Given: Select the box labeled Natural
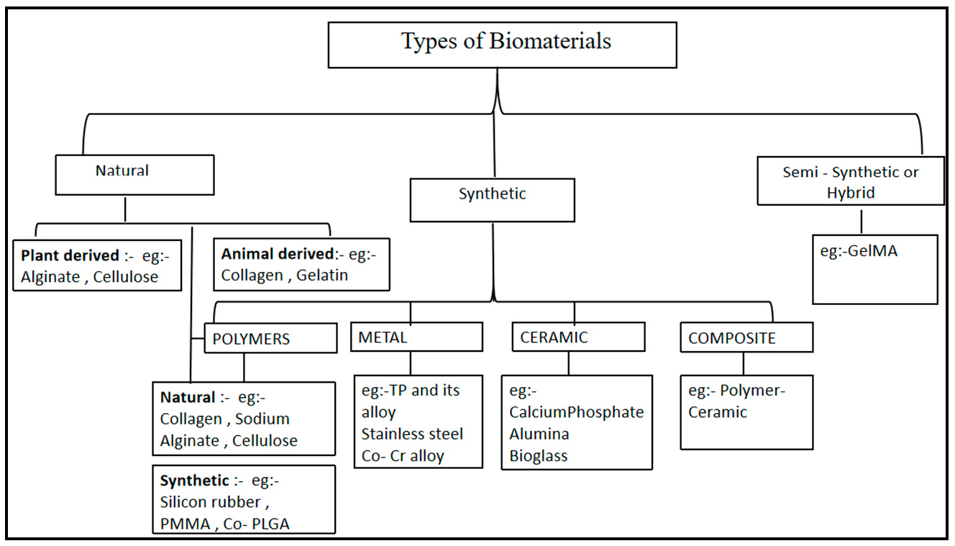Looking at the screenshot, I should pyautogui.click(x=134, y=174).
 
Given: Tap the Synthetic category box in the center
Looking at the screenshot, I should pyautogui.click(x=492, y=200).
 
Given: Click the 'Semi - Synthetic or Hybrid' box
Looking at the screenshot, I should pyautogui.click(x=851, y=183).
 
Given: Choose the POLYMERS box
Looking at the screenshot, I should pyautogui.click(x=270, y=338).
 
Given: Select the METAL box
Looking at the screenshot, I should pyautogui.click(x=416, y=337).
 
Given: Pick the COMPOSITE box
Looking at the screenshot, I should pyautogui.click(x=746, y=338).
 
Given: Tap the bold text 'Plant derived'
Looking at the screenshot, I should pyautogui.click(x=70, y=255).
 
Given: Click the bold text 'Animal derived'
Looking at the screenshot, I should pyautogui.click(x=278, y=254).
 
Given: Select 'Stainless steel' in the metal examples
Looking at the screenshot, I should pyautogui.click(x=412, y=434).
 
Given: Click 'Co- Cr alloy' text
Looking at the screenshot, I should pyautogui.click(x=403, y=455).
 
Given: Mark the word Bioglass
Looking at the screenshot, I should pyautogui.click(x=539, y=455).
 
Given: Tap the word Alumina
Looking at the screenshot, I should pyautogui.click(x=539, y=434).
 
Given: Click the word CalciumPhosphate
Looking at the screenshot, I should pyautogui.click(x=577, y=412).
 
